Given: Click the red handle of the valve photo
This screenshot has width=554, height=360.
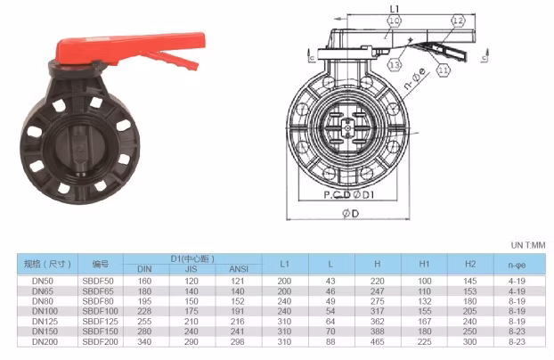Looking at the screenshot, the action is click(x=131, y=48).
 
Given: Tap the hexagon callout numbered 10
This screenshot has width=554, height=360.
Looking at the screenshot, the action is click(x=394, y=20).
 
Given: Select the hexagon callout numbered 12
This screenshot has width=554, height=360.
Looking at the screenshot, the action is click(x=458, y=20).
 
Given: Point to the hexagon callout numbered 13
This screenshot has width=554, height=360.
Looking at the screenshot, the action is click(x=395, y=65).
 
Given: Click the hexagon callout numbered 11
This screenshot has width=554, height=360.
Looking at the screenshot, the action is click(x=443, y=70).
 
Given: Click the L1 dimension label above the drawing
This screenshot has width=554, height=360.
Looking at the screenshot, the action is click(x=395, y=9).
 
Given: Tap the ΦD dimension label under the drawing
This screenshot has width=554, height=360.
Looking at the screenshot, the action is click(x=351, y=213).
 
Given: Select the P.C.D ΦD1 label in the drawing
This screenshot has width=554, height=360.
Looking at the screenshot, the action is click(x=349, y=194).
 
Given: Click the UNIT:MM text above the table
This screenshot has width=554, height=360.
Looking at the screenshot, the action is click(x=528, y=245).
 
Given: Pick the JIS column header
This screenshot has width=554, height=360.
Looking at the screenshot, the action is click(x=191, y=269).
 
